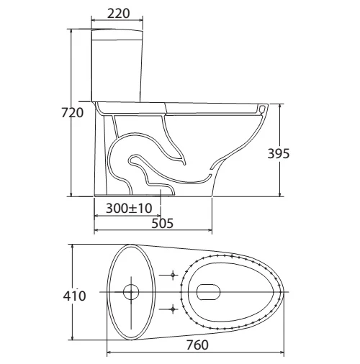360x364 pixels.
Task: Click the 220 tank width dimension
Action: tap(118, 13)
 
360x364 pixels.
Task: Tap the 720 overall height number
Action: tap(72, 113)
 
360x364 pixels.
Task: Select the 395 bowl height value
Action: tap(279, 154)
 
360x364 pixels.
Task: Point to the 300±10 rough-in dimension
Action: tap(129, 208)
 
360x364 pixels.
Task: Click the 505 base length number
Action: tap(162, 223)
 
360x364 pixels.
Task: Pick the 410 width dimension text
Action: tap(74, 296)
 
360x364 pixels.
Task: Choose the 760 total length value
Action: tap(197, 345)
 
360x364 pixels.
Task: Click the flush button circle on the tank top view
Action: tap(131, 292)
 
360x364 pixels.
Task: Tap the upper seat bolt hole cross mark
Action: tap(173, 275)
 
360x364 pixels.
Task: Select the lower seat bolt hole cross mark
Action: tap(173, 309)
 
